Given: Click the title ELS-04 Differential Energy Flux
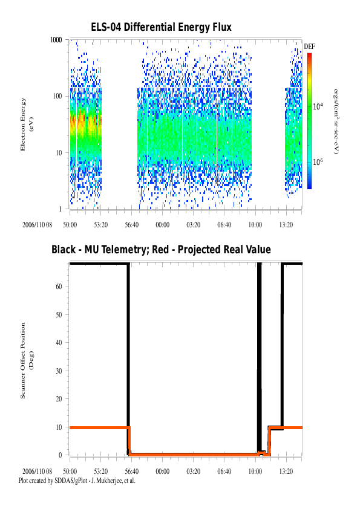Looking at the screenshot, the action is tap(161, 27).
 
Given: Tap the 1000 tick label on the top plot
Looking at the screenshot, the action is tap(56, 40).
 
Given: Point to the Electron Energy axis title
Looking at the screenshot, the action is tap(27, 125).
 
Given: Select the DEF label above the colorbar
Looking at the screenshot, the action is tap(309, 47).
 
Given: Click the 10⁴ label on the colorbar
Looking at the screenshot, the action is tap(318, 106).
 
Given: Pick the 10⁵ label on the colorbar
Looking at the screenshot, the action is tap(318, 161).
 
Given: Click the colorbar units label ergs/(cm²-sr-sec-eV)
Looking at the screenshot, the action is tap(336, 122).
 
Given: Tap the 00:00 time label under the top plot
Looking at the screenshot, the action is tap(163, 225).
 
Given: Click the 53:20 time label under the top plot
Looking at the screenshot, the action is tap(100, 225).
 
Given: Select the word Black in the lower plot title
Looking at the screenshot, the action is tap(64, 250).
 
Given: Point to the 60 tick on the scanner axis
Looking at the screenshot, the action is tap(59, 287).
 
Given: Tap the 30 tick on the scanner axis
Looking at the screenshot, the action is tap(59, 371).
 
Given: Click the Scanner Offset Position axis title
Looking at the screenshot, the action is tap(27, 360).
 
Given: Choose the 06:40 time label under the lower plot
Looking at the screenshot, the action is tap(224, 472).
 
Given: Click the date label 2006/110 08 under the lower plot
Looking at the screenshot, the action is tap(37, 472).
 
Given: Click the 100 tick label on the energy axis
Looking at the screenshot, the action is tap(57, 96).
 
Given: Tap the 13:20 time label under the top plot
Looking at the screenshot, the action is tap(286, 225).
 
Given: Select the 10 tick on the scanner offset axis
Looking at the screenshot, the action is tap(59, 427).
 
